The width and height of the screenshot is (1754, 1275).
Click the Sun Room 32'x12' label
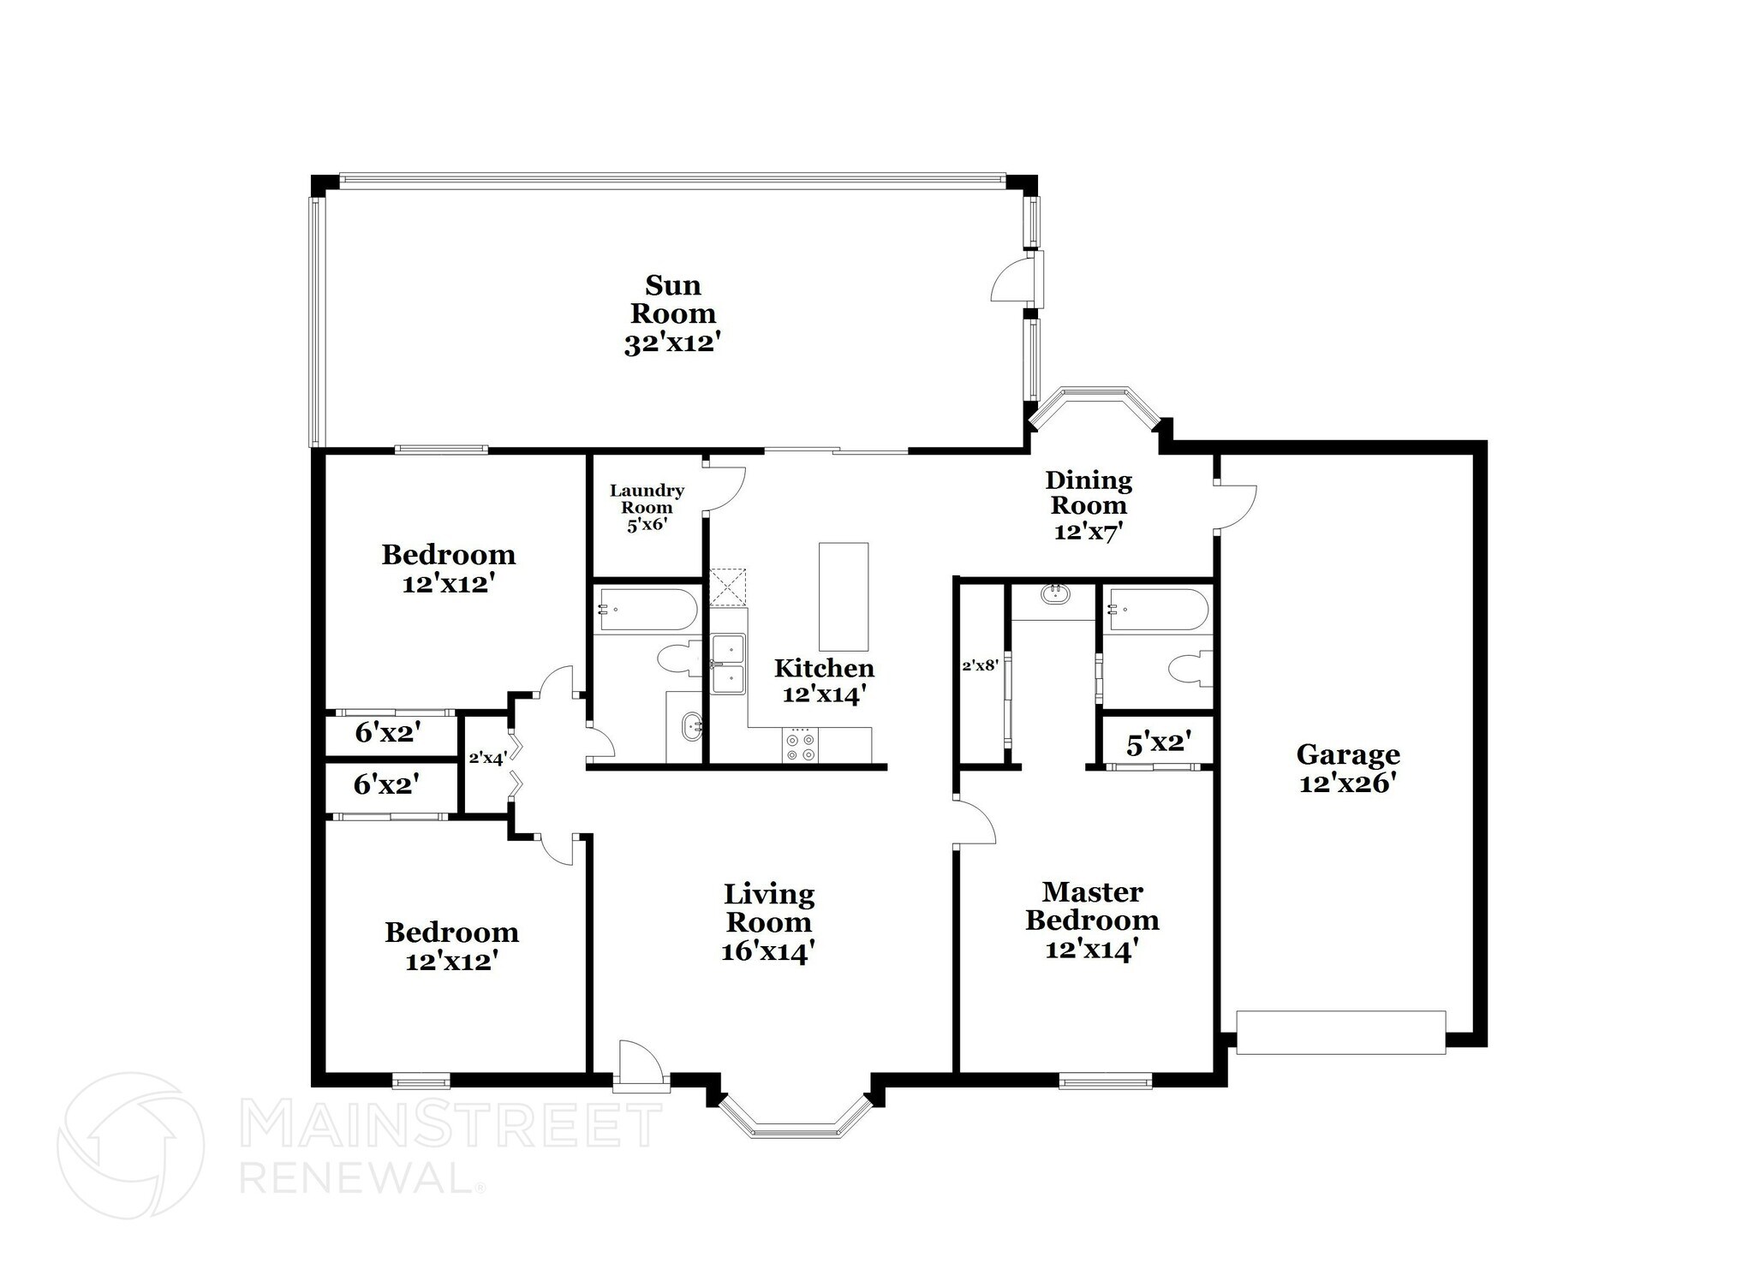[x=672, y=314]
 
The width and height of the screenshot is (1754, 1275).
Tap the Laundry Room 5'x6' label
[x=647, y=508]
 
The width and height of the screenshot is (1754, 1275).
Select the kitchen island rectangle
[x=843, y=596]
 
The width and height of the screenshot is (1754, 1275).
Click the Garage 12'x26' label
[x=1348, y=768]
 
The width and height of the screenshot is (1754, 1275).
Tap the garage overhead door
[x=1341, y=1032]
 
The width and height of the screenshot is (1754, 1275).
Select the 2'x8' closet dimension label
[x=980, y=665]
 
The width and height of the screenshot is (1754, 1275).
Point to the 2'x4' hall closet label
[x=487, y=757]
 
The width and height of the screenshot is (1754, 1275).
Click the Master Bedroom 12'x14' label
[x=1092, y=921]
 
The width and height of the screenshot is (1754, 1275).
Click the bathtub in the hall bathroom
[x=647, y=609]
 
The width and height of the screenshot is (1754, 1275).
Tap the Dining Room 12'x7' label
[x=1089, y=505]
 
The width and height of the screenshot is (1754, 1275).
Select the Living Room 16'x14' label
[x=768, y=923]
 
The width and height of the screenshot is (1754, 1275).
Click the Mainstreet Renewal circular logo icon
[x=130, y=1146]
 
